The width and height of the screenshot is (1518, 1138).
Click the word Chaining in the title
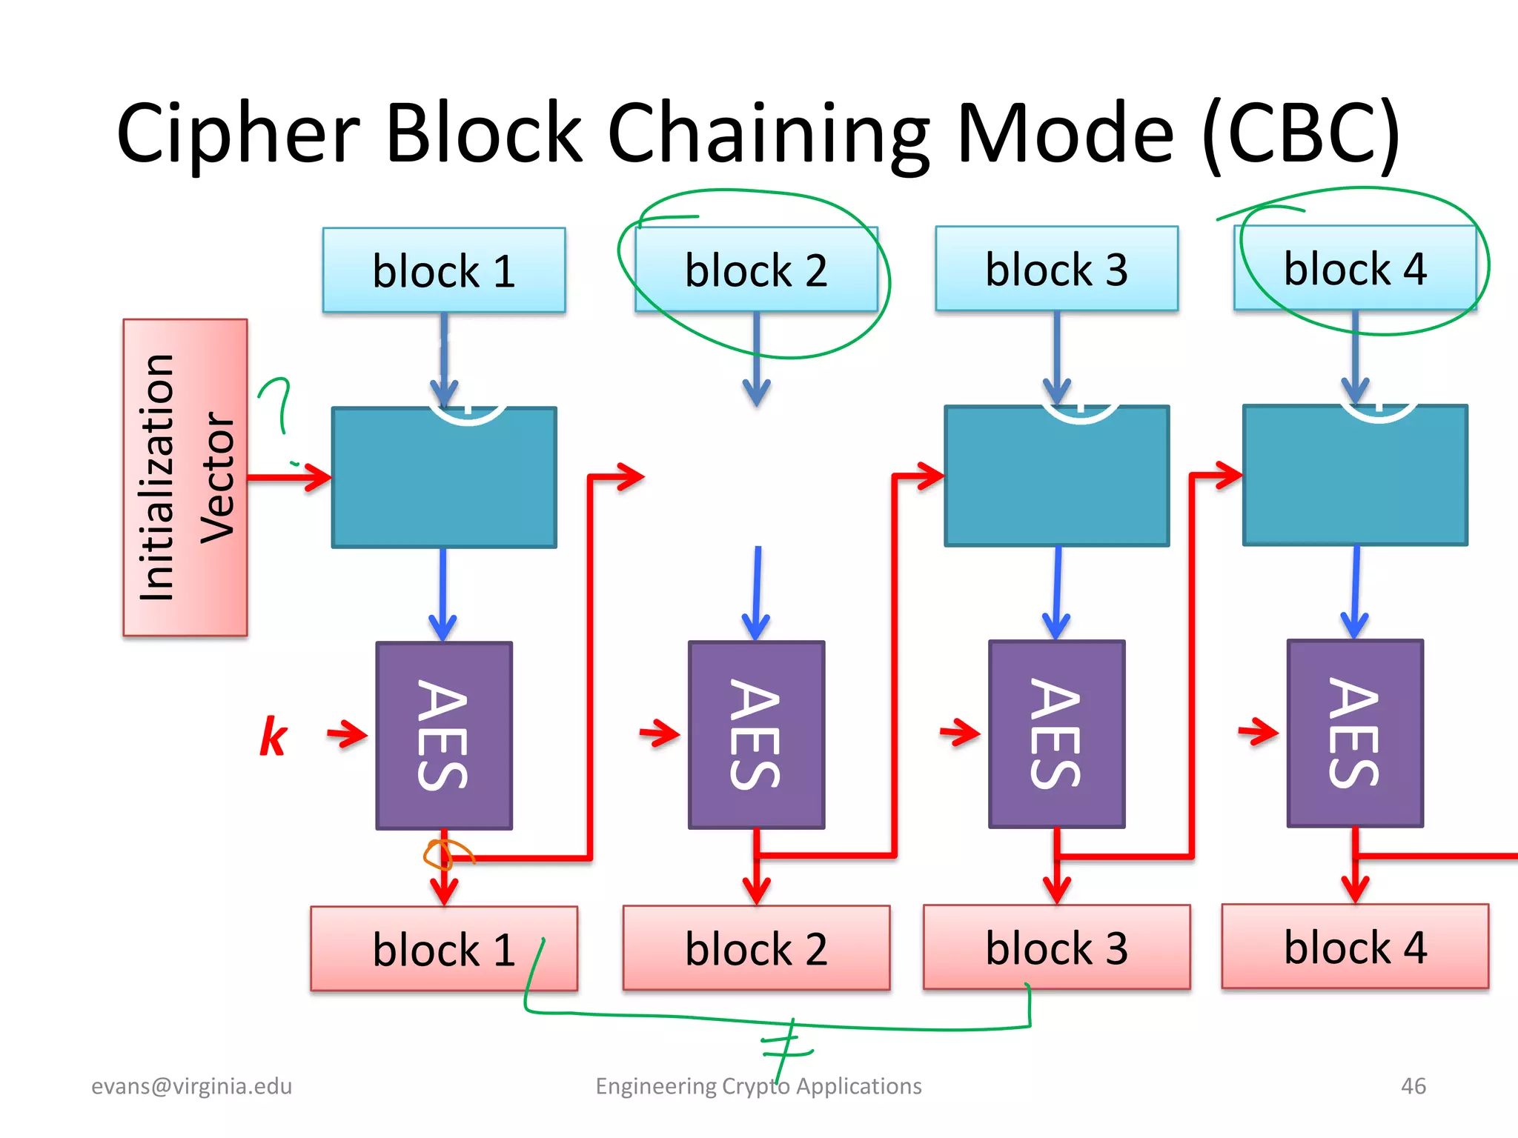pos(767,133)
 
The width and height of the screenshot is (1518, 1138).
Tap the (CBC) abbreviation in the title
pos(1301,133)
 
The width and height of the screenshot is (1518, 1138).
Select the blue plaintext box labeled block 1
pos(443,270)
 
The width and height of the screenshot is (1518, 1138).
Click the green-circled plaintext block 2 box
pos(756,270)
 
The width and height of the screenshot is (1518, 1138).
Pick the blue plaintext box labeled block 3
pos(1056,269)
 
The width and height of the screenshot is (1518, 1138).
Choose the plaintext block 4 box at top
pos(1355,268)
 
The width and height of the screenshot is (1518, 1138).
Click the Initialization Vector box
pos(185,477)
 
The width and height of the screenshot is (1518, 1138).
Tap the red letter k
pos(273,736)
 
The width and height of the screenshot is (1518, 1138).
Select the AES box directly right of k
pos(443,735)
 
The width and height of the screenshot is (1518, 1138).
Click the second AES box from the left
pos(756,734)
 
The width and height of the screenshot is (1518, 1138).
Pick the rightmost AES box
pos(1355,733)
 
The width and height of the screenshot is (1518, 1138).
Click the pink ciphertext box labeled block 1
pos(443,949)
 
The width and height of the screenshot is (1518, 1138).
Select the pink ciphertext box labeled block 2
pos(756,948)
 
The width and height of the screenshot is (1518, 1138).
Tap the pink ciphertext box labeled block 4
pos(1355,947)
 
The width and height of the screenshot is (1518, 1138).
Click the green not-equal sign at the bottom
pos(786,1045)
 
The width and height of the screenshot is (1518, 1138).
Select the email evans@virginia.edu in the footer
pos(191,1086)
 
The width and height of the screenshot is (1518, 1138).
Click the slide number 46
pos(1413,1086)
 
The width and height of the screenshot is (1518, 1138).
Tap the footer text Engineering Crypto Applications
pos(758,1086)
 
